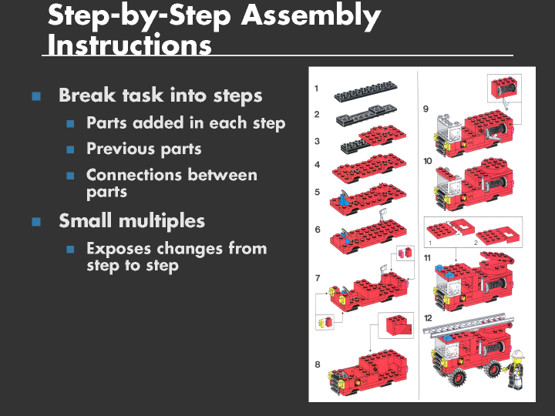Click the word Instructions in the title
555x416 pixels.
(x=129, y=45)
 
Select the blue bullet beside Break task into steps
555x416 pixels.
(x=35, y=96)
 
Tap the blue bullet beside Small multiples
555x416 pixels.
(x=35, y=222)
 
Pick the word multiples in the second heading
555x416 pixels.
(x=164, y=221)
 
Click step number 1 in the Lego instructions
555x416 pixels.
(x=317, y=89)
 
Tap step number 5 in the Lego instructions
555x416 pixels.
(x=317, y=192)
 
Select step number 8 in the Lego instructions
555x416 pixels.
(x=317, y=364)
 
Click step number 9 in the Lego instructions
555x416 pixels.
(x=426, y=109)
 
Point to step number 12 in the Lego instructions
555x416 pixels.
(x=428, y=317)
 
